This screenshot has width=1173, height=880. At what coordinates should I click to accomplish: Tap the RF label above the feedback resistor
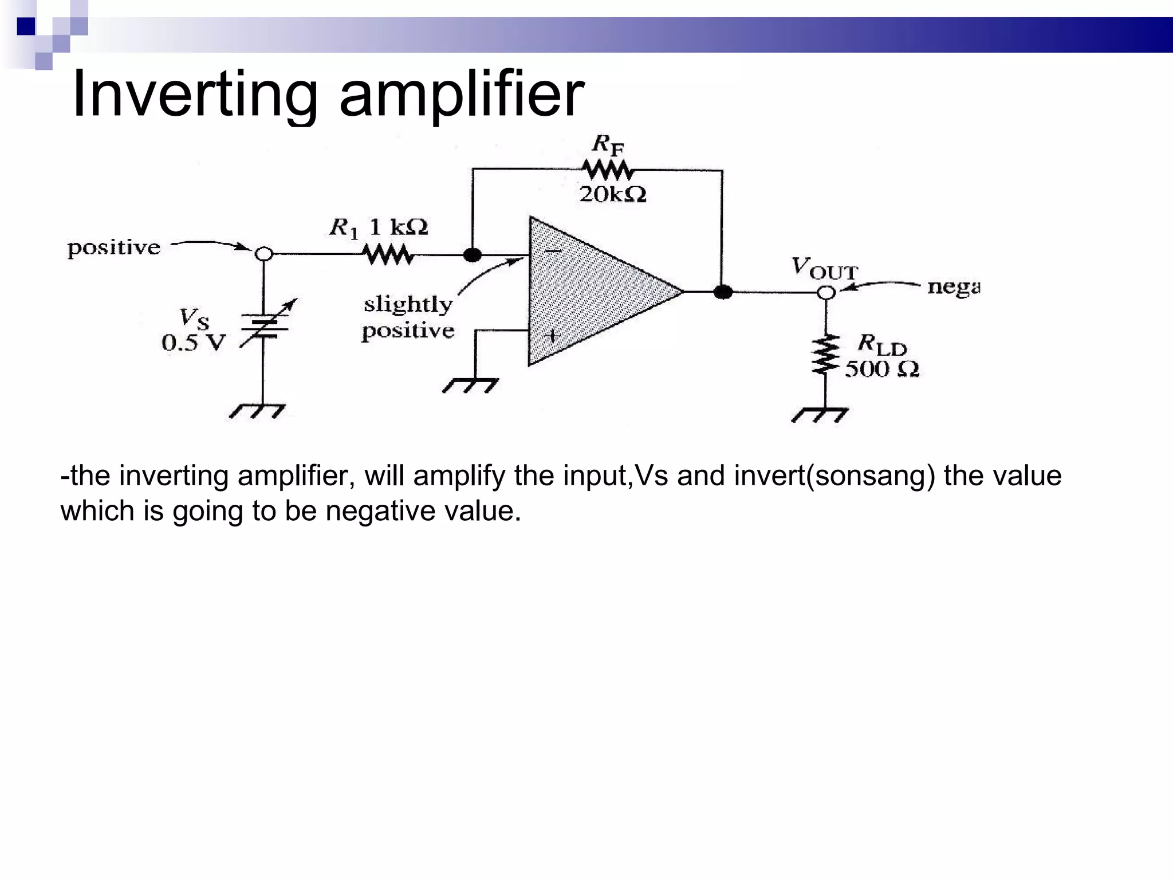tap(608, 145)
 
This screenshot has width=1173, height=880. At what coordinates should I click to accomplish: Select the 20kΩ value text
tap(613, 195)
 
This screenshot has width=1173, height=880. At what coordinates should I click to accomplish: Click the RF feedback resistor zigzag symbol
tap(608, 170)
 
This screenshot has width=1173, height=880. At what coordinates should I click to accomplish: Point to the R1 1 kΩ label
tap(379, 228)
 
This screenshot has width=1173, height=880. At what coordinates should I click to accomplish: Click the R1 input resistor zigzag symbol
tap(388, 254)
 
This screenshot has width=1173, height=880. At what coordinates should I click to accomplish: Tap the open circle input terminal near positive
tap(263, 253)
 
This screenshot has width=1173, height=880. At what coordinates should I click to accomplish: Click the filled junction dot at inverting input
tap(472, 255)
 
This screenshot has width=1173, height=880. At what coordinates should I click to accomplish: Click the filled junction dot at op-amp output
tap(723, 292)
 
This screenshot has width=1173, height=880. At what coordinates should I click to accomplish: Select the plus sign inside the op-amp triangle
tap(552, 336)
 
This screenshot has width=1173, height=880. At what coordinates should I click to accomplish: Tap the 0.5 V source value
tap(194, 343)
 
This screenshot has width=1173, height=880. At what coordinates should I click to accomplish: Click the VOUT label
tap(825, 268)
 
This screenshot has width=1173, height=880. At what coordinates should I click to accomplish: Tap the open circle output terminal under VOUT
tap(825, 292)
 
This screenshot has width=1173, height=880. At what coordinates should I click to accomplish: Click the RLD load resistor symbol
tap(825, 355)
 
